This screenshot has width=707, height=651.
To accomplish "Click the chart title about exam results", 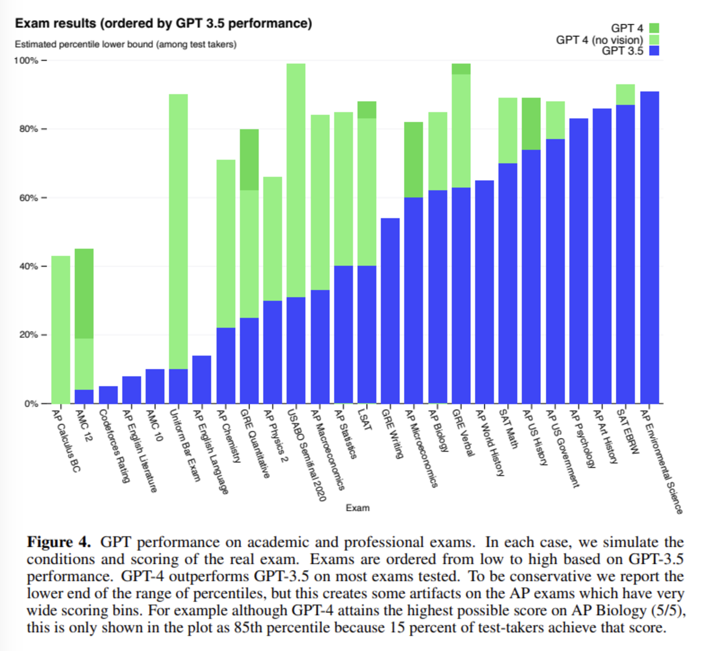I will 163,23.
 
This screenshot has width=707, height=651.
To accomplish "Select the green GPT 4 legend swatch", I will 654,28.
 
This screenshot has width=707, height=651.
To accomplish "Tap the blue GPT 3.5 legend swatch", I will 654,50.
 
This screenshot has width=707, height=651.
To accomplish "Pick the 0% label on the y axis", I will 31,403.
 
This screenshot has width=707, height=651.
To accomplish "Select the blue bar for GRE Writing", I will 390,311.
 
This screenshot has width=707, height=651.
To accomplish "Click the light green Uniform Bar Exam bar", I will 178,232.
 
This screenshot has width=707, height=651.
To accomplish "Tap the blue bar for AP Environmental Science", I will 649,247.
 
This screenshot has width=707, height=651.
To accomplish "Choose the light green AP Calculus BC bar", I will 61,329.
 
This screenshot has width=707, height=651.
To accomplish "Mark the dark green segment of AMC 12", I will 84,293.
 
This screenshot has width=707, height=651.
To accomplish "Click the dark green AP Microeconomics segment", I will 413,160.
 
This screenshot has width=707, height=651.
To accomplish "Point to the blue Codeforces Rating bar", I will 108,395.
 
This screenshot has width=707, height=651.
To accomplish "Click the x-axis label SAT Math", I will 508,429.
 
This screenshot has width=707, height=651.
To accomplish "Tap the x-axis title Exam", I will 357,507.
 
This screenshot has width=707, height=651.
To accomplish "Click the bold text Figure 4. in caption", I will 59,542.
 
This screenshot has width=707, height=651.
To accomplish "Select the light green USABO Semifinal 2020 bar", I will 296,180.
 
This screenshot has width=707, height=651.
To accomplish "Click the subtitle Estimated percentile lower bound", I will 125,44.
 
